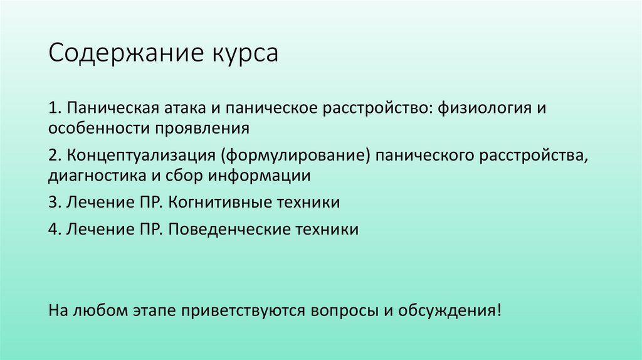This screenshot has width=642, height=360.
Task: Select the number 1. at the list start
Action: pyautogui.click(x=54, y=108)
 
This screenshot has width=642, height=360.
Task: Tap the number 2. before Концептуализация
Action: pyautogui.click(x=54, y=155)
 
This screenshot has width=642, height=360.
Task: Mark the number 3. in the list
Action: pyautogui.click(x=54, y=203)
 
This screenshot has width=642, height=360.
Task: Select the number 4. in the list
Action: pyautogui.click(x=54, y=229)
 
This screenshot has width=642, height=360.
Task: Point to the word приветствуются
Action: pyautogui.click(x=242, y=311)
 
